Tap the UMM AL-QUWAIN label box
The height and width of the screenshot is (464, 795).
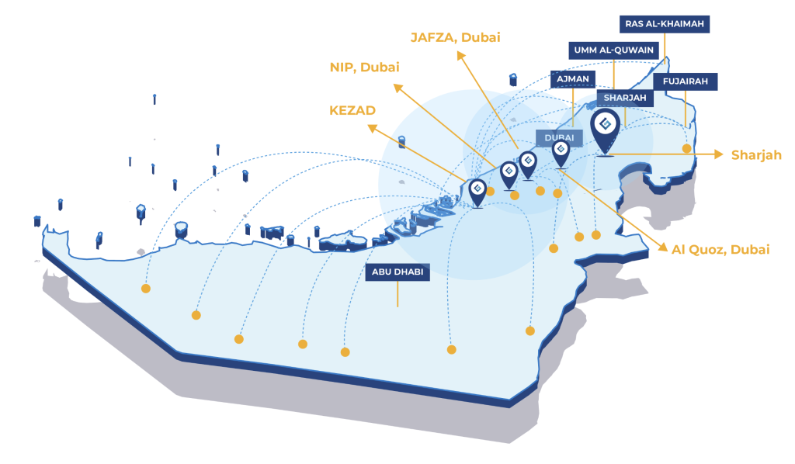617,50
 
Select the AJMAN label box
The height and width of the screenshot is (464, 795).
572,78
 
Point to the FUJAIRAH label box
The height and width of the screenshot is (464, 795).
686,81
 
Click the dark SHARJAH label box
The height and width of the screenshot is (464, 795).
625,99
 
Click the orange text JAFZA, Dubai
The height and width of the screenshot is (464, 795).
456,37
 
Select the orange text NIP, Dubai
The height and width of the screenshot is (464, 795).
364,68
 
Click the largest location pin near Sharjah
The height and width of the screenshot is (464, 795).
605,127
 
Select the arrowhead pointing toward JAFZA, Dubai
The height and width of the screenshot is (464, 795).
461,55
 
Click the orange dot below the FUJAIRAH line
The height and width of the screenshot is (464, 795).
686,148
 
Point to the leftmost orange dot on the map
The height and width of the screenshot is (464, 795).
145,289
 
